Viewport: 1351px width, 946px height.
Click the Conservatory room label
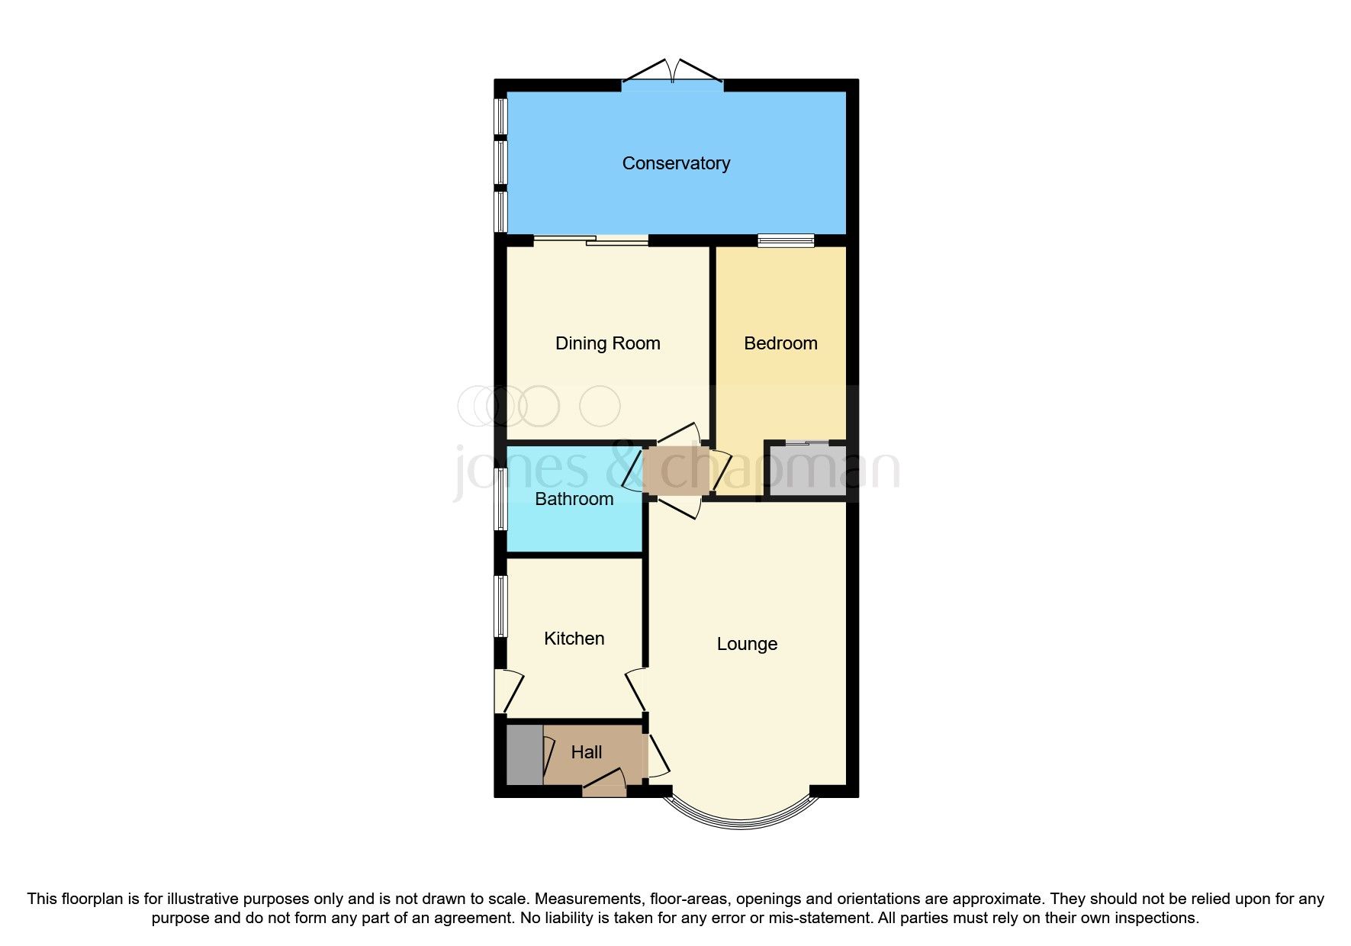click(x=676, y=163)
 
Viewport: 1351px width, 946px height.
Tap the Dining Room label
click(x=607, y=343)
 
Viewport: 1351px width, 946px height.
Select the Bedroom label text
click(x=780, y=343)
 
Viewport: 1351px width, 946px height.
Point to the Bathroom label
click(x=574, y=499)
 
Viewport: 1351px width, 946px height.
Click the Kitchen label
click(x=574, y=639)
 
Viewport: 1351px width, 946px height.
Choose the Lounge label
click(x=747, y=644)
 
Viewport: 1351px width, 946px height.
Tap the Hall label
click(x=587, y=752)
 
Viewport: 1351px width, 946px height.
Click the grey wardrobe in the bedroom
click(x=807, y=471)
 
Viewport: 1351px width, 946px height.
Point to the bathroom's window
click(x=500, y=498)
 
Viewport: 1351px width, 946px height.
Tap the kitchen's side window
click(x=500, y=606)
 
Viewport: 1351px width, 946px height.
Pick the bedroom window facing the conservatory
click(x=786, y=241)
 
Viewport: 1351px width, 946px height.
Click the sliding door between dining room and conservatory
click(x=591, y=241)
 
